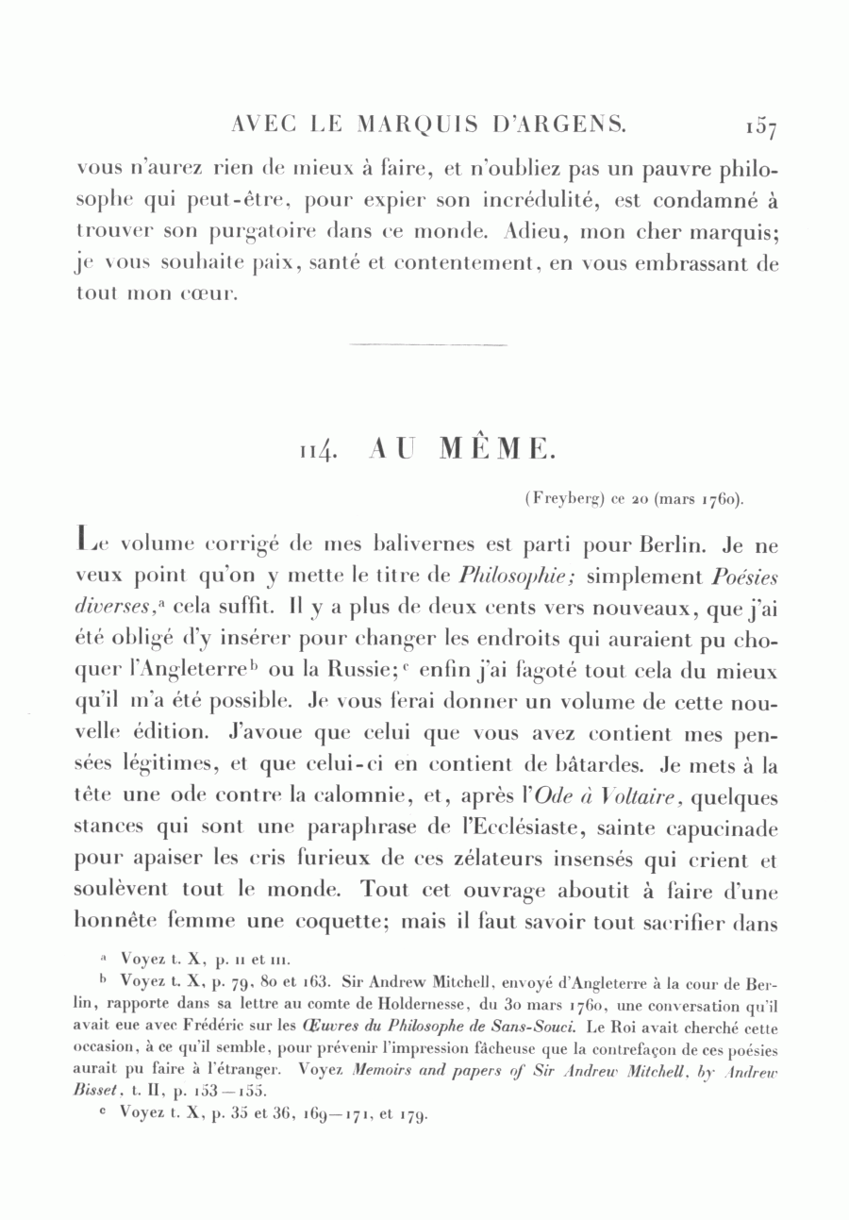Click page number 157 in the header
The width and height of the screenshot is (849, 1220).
coord(759,125)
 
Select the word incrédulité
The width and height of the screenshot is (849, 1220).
coord(542,201)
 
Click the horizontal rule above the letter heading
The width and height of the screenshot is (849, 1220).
coord(427,345)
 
